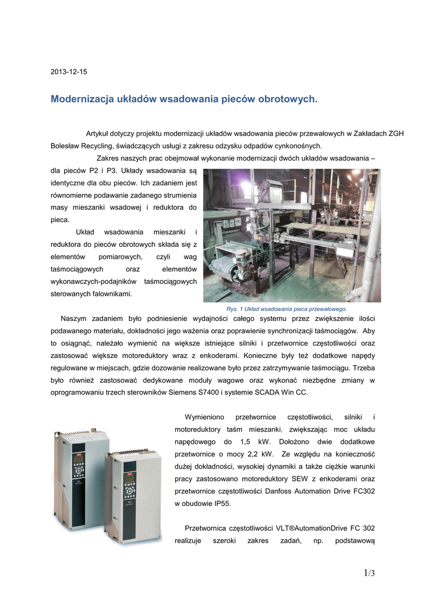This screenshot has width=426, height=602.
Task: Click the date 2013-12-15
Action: tap(69, 72)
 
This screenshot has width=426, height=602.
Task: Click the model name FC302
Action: tap(363, 491)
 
